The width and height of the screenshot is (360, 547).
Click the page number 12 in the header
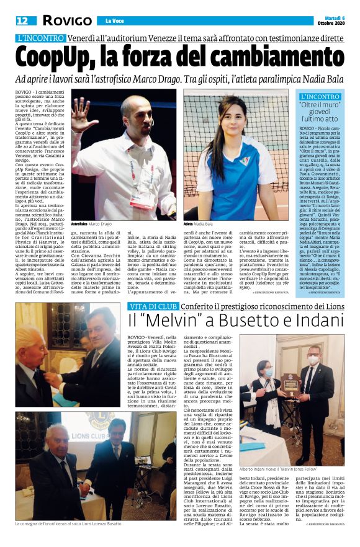pyautogui.click(x=22, y=20)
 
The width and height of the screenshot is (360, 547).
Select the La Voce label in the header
pyautogui.click(x=114, y=21)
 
